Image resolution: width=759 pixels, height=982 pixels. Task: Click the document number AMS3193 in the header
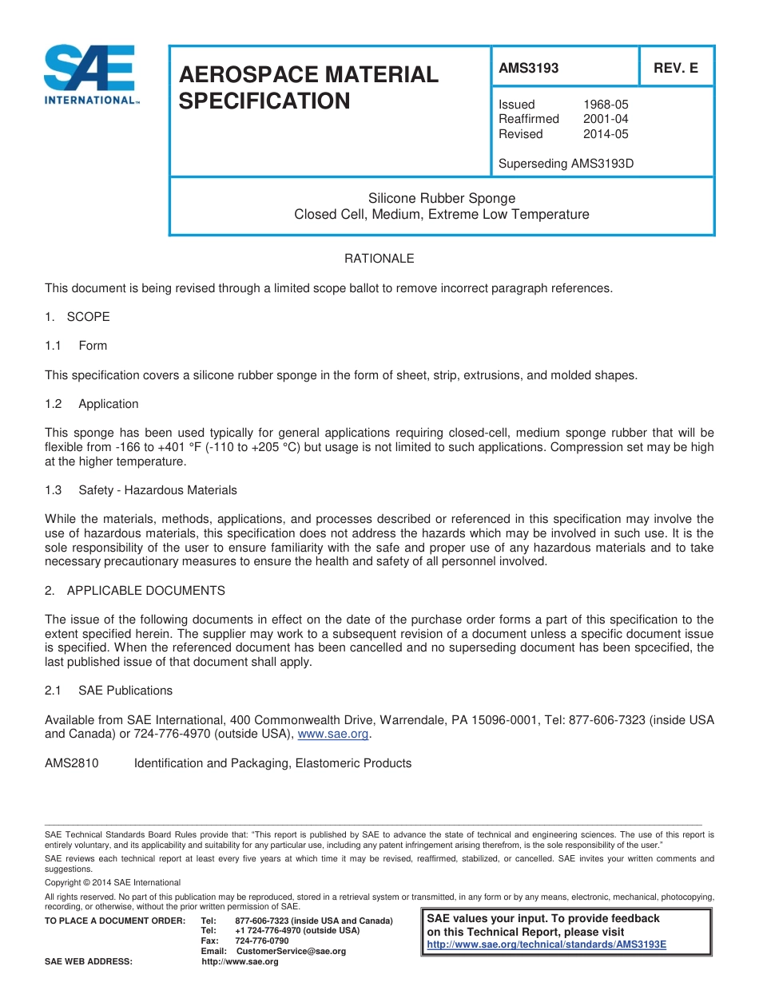[528, 69]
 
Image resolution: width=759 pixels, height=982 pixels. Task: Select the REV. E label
[675, 69]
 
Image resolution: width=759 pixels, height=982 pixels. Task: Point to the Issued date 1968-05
[606, 105]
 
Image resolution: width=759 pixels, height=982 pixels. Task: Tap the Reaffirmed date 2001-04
[606, 119]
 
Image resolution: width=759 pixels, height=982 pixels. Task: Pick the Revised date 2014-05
[606, 134]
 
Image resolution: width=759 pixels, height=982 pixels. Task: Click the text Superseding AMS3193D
[566, 164]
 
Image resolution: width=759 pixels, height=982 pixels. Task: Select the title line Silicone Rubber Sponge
[441, 198]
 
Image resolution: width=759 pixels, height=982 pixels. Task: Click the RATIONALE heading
[379, 259]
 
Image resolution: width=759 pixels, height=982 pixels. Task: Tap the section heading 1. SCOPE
[77, 317]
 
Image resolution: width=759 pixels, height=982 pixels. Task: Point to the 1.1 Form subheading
[76, 346]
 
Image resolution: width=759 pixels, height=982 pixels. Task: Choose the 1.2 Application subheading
[92, 404]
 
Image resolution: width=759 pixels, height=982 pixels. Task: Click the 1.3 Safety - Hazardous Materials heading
[141, 490]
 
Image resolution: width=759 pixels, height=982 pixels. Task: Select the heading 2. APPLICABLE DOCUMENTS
[135, 591]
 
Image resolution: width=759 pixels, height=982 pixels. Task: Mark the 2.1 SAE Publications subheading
[109, 691]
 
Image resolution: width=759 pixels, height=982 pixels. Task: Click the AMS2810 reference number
[72, 763]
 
